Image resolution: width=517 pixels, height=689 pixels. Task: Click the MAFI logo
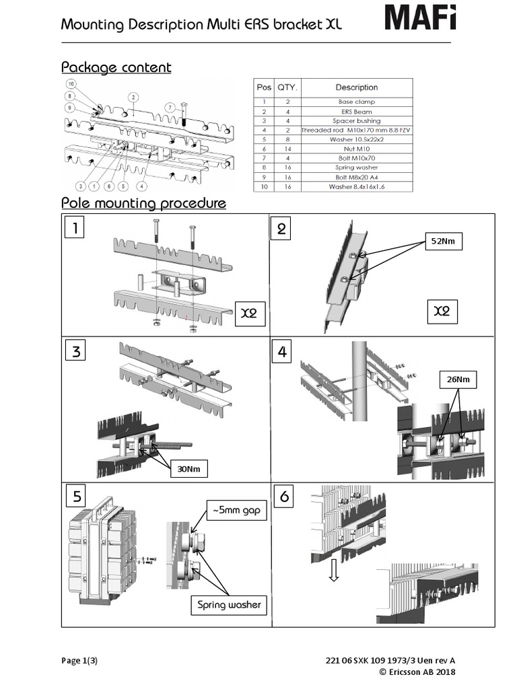click(420, 17)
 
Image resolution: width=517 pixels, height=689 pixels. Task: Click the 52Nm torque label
click(442, 242)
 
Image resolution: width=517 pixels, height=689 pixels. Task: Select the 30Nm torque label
click(186, 468)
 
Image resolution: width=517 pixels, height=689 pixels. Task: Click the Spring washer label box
click(228, 604)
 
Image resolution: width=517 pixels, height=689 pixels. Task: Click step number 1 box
click(76, 229)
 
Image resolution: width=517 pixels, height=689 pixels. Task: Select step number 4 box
click(281, 351)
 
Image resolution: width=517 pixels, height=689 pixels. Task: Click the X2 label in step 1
click(249, 314)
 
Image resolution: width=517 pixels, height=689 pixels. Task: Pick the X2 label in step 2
click(441, 311)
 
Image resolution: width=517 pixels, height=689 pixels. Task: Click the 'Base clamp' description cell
click(356, 102)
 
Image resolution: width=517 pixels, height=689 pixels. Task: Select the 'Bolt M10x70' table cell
click(356, 158)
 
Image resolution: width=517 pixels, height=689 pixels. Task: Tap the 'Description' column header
click(356, 87)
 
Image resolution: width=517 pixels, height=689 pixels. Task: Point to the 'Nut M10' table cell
click(356, 149)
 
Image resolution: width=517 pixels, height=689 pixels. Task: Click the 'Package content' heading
click(116, 67)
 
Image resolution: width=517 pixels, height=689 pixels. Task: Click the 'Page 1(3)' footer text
click(79, 661)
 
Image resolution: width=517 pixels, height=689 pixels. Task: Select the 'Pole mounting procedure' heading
click(143, 203)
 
